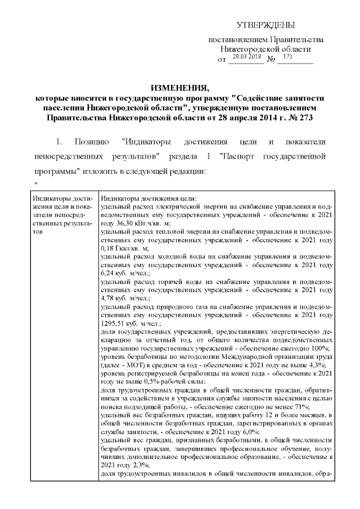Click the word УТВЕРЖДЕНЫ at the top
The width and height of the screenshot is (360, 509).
pos(265,26)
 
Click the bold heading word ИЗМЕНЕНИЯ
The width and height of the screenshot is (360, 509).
pos(179,88)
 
